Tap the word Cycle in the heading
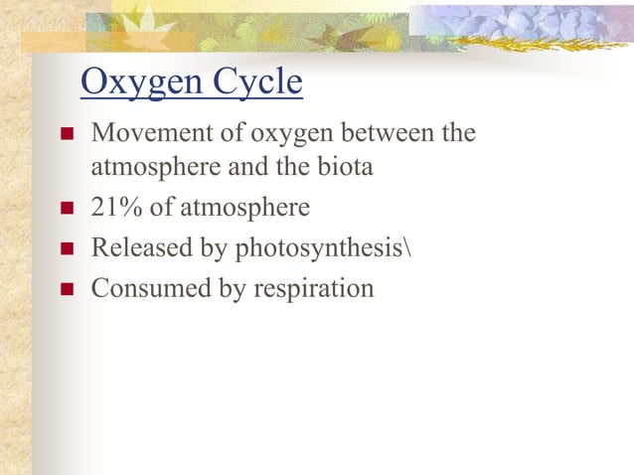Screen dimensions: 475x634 click(252, 84)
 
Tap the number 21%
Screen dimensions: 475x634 click(112, 208)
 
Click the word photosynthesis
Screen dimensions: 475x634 click(317, 248)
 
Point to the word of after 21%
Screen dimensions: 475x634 click(159, 208)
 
